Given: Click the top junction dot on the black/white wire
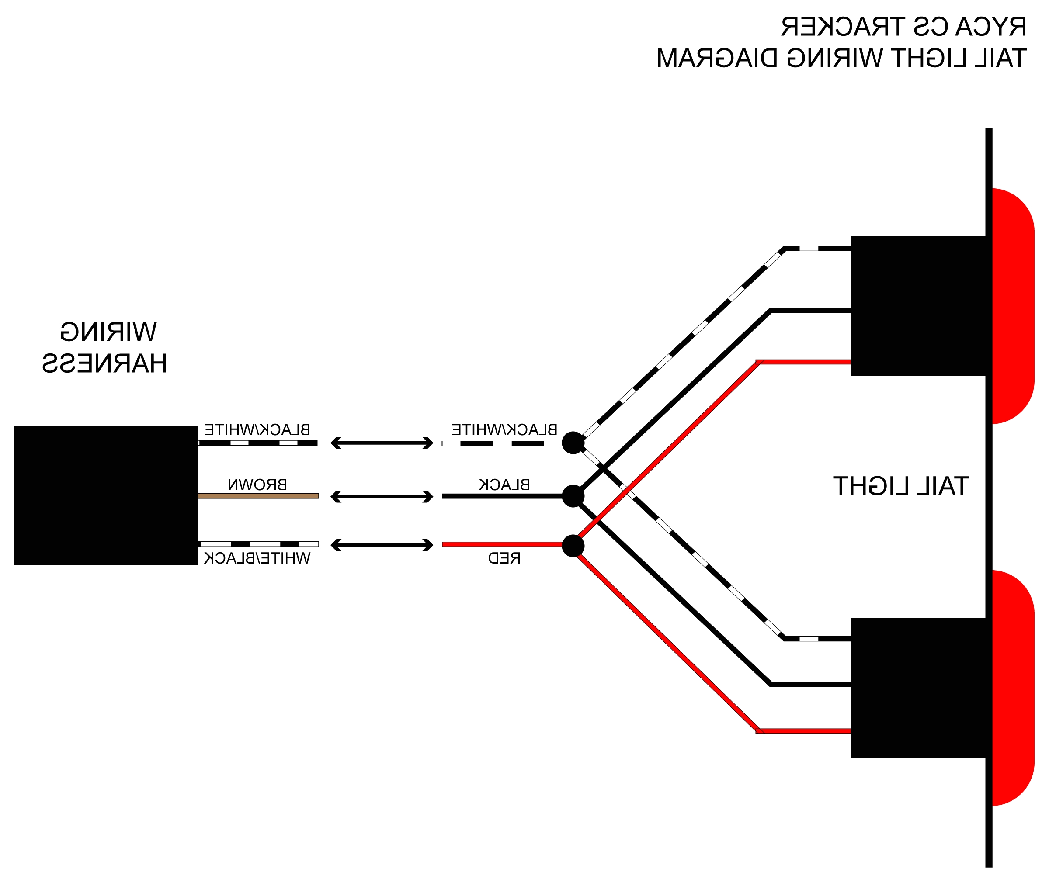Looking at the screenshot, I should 573,443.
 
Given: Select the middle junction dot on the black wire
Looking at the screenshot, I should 573,496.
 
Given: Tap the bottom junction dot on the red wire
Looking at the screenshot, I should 573,546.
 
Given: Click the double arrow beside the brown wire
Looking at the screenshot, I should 382,496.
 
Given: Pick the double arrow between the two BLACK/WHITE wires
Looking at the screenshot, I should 382,443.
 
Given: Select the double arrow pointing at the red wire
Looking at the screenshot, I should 382,545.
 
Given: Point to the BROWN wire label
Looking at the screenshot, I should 257,485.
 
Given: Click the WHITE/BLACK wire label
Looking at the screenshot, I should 257,558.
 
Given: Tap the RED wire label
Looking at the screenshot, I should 504,558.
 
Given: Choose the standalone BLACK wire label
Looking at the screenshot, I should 504,485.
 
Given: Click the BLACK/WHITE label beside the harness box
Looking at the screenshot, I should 257,429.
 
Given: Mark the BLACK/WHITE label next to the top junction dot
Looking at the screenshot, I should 504,429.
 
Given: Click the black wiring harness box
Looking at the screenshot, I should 105,495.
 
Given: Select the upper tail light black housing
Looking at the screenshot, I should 917,306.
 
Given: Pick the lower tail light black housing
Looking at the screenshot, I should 917,688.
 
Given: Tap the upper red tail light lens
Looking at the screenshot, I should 1013,306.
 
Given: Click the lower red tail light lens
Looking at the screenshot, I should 1013,688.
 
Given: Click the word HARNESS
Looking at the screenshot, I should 104,363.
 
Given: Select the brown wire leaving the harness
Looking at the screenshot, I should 258,496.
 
